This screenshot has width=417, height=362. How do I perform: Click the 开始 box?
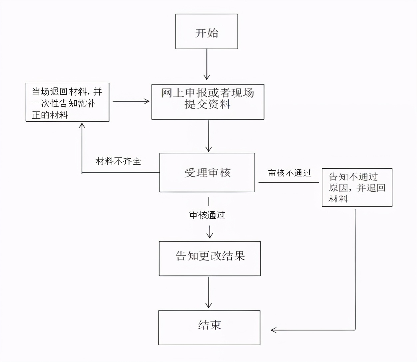(207, 31)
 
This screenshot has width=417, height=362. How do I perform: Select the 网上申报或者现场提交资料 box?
(208, 102)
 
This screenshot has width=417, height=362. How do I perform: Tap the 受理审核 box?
(207, 172)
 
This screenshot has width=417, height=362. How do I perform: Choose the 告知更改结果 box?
(209, 259)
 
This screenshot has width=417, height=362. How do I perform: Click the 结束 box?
(209, 328)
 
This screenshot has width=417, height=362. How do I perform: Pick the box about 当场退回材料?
(67, 102)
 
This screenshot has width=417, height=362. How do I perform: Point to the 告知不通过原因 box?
(357, 187)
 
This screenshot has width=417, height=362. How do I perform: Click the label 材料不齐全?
(118, 162)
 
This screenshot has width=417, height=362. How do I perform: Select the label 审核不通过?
(289, 173)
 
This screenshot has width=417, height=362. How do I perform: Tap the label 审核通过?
(207, 215)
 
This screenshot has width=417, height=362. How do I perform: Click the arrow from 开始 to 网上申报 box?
(207, 64)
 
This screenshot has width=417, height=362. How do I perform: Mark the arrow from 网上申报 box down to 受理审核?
(209, 136)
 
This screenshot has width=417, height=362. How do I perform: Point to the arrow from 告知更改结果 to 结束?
(209, 292)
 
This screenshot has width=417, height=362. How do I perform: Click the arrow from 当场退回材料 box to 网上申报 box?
(131, 101)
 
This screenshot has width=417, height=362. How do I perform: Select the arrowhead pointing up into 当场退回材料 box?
(82, 125)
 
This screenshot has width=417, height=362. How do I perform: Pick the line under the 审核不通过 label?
(288, 182)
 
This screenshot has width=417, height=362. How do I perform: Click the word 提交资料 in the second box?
(208, 105)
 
